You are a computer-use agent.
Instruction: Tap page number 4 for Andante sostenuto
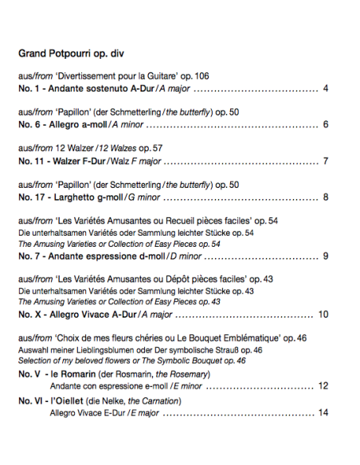click(x=326, y=88)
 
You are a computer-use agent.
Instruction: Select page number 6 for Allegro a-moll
click(x=326, y=124)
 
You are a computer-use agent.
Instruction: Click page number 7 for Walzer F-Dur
click(x=326, y=161)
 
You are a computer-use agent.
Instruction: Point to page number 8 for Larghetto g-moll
click(x=326, y=197)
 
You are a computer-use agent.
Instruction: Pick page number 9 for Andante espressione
click(x=326, y=256)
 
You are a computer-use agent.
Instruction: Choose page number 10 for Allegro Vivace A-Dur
click(x=323, y=314)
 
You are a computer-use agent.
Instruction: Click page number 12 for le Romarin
click(x=323, y=385)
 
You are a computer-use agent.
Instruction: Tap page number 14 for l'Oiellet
click(x=323, y=412)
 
